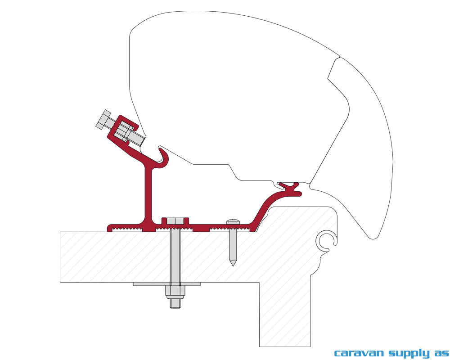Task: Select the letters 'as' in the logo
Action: pos(441,353)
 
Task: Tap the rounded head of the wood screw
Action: pos(233,221)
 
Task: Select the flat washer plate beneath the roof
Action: pos(166,284)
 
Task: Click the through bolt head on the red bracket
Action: pos(175,221)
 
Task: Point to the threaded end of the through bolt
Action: pos(175,303)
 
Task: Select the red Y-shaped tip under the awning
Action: pos(290,188)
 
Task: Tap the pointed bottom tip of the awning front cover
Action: pos(373,238)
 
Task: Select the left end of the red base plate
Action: pos(109,228)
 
